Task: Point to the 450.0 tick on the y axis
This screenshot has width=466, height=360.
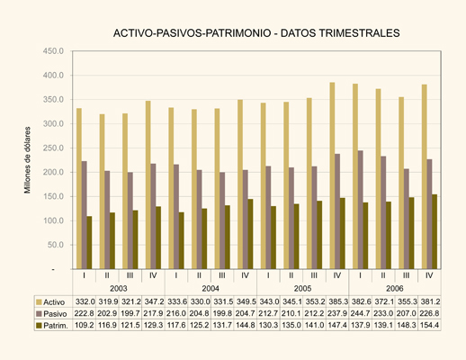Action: pos(53,51)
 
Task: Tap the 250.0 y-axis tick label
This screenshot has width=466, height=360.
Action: pos(53,148)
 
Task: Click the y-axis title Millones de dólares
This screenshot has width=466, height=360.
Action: pos(28,160)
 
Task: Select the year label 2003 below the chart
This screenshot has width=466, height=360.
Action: pos(119,289)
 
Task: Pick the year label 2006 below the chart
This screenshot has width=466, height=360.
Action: pos(395,289)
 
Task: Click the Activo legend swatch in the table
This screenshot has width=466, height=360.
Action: pos(39,301)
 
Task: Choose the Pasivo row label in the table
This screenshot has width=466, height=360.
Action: pos(55,314)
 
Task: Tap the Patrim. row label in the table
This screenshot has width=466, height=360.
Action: pos(56,326)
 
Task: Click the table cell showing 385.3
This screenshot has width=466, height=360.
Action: pos(337,301)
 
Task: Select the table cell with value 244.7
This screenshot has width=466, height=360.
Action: pos(361,313)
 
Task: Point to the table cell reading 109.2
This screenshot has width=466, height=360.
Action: pos(85,325)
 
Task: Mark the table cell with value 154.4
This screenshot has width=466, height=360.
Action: pos(430,325)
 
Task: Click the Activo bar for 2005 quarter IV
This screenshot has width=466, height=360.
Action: pos(332,175)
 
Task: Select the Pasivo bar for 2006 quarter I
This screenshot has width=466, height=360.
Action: pos(361,210)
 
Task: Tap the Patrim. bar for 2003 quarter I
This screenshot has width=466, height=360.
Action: pos(89,242)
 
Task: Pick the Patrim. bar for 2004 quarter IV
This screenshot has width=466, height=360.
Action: pos(250,234)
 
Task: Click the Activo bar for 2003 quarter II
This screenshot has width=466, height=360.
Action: pos(103,192)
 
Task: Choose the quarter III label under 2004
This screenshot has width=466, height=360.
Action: pos(222,275)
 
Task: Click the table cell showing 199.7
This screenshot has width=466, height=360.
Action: pos(130,313)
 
